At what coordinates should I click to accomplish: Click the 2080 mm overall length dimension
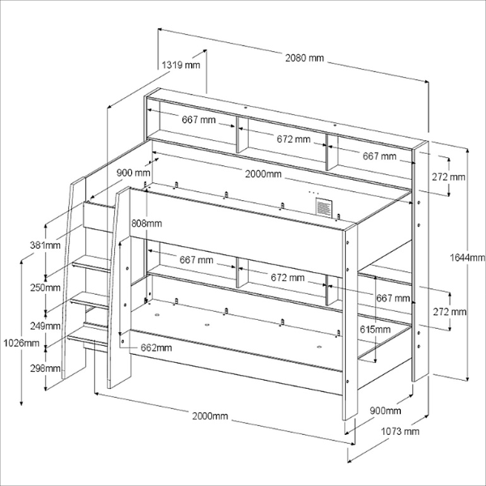pyautogui.click(x=305, y=58)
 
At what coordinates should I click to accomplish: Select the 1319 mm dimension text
pyautogui.click(x=180, y=65)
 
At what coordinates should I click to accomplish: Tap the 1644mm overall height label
pyautogui.click(x=467, y=258)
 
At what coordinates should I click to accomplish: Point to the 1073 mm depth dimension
pyautogui.click(x=400, y=432)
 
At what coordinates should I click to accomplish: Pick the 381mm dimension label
pyautogui.click(x=46, y=245)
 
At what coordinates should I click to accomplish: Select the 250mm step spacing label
pyautogui.click(x=46, y=288)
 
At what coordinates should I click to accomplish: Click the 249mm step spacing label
pyautogui.click(x=46, y=326)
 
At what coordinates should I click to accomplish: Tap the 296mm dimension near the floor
pyautogui.click(x=46, y=369)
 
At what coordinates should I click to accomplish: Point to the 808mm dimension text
pyautogui.click(x=147, y=223)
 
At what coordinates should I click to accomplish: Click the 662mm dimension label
pyautogui.click(x=156, y=348)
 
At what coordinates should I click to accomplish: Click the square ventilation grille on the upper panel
pyautogui.click(x=324, y=207)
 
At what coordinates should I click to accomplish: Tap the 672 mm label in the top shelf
pyautogui.click(x=293, y=139)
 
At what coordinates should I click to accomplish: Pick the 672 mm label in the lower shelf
pyautogui.click(x=288, y=278)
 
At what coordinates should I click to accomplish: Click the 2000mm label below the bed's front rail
pyautogui.click(x=210, y=416)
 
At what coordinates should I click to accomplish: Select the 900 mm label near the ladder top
pyautogui.click(x=133, y=173)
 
